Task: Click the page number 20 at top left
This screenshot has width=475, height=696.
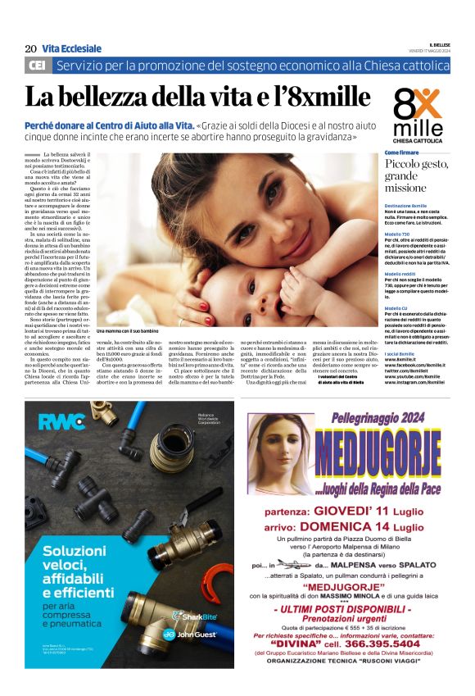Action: click(30, 49)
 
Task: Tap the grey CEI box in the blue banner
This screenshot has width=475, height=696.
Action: click(38, 65)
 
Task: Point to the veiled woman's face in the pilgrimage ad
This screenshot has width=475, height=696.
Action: click(278, 450)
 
